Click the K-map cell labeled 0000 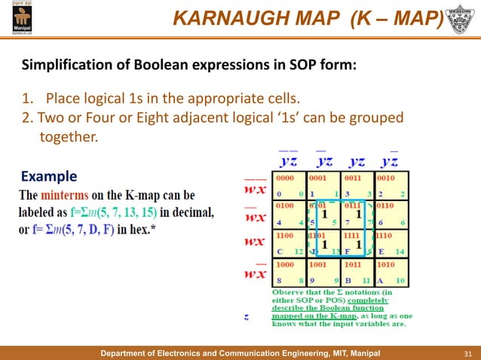(x=290, y=187)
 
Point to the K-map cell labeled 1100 (x=290, y=244)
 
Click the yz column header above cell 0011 (x=358, y=161)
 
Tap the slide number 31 (x=467, y=352)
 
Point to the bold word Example (x=49, y=177)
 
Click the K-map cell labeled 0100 (x=290, y=215)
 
